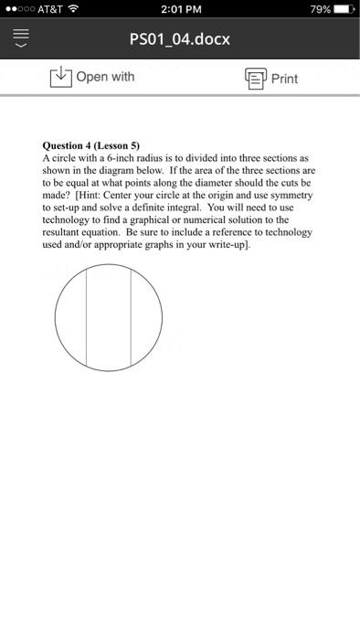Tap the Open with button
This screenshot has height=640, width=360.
click(x=91, y=77)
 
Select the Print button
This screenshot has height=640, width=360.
click(x=270, y=78)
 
